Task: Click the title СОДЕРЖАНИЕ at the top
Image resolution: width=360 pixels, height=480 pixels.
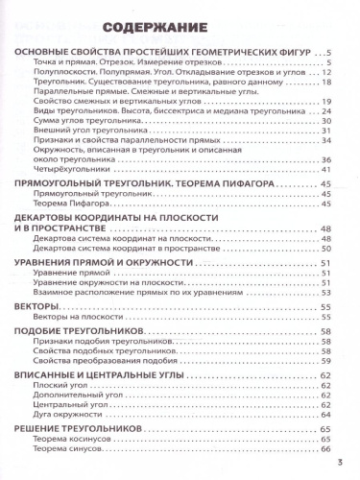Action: (x=180, y=30)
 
